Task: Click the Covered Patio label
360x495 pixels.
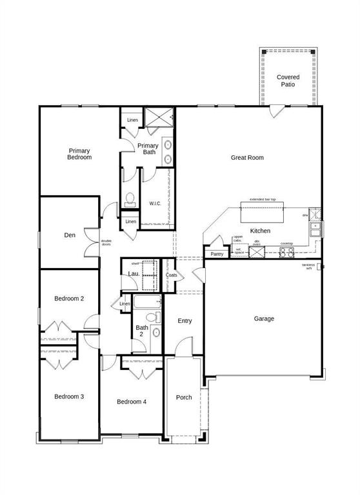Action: tap(288, 81)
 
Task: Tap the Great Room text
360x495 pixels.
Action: tap(247, 157)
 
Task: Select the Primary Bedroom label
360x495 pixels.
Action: tap(80, 154)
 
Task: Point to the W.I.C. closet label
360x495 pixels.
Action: tap(155, 204)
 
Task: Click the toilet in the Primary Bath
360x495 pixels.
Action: tap(129, 198)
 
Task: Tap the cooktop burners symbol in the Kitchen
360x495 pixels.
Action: tap(287, 251)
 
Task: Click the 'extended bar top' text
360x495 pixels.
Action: tap(263, 200)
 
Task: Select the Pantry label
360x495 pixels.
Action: tap(217, 254)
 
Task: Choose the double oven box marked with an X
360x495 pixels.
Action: tap(257, 251)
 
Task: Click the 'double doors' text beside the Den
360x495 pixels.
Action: tap(106, 243)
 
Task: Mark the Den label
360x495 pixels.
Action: tap(70, 235)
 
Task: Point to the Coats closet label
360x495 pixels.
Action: tap(171, 275)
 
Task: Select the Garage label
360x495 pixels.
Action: tap(264, 318)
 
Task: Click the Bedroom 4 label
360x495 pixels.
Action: tap(131, 402)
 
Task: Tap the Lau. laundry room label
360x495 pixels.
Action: tap(134, 274)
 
